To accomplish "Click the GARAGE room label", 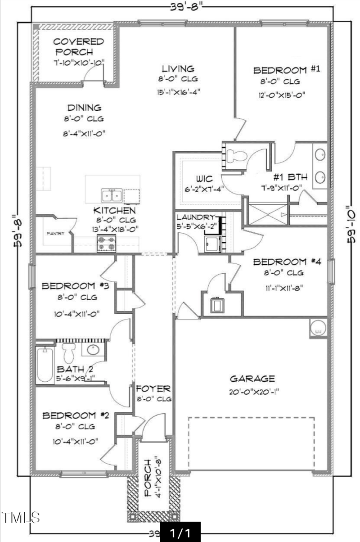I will (252, 379).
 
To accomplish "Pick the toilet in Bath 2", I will (69, 351).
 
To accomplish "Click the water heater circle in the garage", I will (319, 328).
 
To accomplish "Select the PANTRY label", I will (56, 233).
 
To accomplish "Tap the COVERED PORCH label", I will (78, 47).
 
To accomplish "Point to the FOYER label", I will (153, 388).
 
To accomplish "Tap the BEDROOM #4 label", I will (286, 262).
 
